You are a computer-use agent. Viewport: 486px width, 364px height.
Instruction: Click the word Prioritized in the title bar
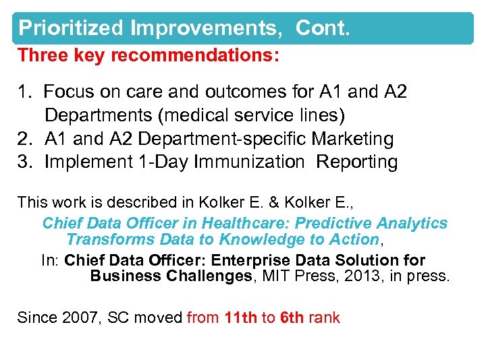pos(71,28)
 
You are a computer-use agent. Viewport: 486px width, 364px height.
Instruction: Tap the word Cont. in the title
pos(321,28)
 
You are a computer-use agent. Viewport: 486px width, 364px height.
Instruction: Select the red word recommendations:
pos(194,55)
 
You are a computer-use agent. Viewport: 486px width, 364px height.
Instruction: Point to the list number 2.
pos(24,139)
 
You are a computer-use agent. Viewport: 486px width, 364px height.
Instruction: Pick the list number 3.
pos(24,162)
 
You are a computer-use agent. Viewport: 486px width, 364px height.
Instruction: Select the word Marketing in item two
pos(352,139)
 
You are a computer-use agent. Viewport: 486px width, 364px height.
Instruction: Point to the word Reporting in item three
pos(357,162)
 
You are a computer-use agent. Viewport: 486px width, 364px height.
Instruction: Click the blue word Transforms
pos(109,239)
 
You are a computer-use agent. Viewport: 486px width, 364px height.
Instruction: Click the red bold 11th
pos(241,317)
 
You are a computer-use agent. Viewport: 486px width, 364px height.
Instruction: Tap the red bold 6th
pos(292,317)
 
